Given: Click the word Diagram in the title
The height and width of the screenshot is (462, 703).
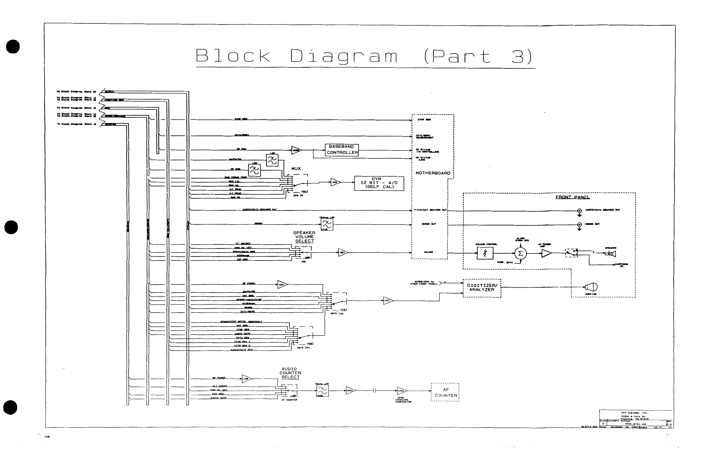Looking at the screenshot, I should click(x=344, y=56).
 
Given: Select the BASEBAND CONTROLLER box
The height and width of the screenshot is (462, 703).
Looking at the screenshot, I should click(x=342, y=150).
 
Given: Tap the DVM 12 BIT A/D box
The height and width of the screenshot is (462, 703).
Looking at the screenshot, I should click(x=379, y=183).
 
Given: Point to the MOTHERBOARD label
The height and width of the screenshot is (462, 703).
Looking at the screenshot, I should click(x=433, y=173).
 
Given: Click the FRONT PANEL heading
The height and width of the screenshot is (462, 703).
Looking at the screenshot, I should click(x=572, y=197).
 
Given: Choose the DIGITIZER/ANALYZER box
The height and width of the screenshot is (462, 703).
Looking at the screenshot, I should click(x=482, y=288).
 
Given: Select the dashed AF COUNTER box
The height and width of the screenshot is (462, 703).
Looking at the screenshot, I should click(x=445, y=392).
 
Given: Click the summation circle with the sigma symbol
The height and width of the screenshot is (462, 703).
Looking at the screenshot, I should click(x=521, y=253).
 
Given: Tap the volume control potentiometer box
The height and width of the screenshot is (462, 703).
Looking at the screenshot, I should click(x=485, y=253).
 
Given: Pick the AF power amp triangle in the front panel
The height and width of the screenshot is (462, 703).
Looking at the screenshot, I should click(x=546, y=253).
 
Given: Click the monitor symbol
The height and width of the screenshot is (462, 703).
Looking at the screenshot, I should click(x=592, y=287).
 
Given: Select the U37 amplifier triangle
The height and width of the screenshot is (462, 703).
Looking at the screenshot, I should click(x=282, y=285).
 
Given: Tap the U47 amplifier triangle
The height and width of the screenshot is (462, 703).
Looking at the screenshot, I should click(x=388, y=301).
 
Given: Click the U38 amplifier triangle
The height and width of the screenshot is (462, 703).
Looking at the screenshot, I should click(x=246, y=379).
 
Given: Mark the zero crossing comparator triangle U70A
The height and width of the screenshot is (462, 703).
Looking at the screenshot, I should click(x=401, y=391).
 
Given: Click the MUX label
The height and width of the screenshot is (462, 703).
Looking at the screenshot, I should click(x=296, y=169).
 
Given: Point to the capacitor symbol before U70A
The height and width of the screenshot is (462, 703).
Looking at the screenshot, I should click(x=374, y=391).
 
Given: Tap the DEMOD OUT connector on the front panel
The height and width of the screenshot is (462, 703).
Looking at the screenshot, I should click(x=579, y=225).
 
